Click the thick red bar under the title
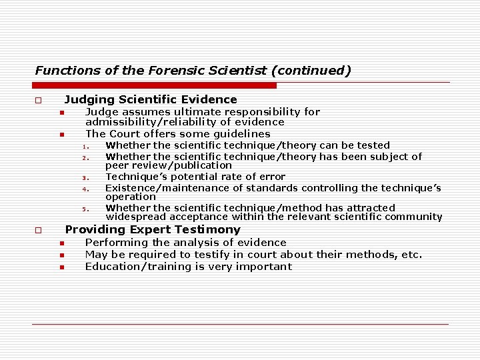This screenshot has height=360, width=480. [155, 85]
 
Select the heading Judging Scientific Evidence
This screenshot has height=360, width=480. [151, 100]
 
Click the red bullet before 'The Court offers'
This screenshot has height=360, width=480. [60, 135]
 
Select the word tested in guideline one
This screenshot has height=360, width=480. [374, 145]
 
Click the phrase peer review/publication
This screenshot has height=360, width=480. [169, 165]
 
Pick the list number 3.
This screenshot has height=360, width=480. [85, 178]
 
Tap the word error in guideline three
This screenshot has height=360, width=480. [271, 177]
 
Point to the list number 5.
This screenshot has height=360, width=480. [85, 209]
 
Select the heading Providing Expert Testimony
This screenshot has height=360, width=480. [153, 229]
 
